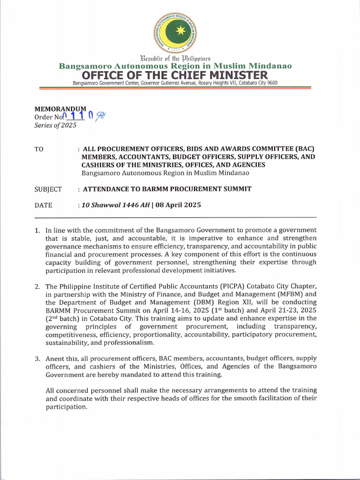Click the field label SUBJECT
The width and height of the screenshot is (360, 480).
(x=48, y=189)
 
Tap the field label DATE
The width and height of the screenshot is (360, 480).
(x=43, y=205)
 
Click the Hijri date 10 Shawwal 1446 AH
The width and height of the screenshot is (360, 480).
(x=112, y=205)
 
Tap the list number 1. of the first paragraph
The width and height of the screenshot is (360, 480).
(x=37, y=230)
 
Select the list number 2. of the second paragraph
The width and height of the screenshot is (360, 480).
(x=37, y=286)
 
